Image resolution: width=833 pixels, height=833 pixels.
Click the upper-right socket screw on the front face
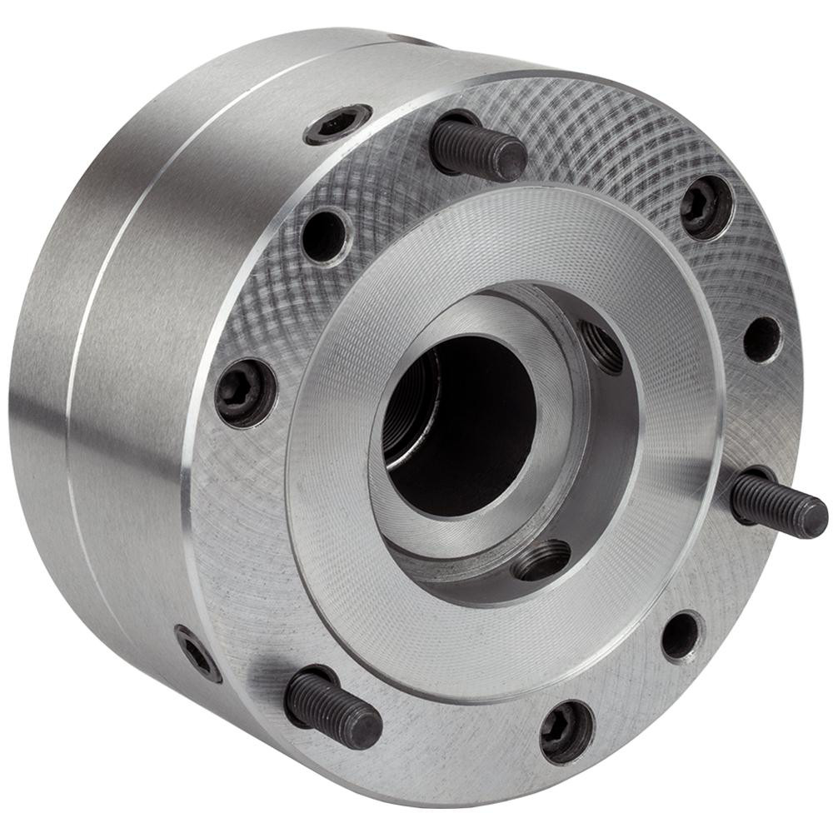(707, 208)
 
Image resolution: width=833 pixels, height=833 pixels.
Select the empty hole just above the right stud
(761, 339)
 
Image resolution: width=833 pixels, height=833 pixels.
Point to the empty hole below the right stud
(682, 636)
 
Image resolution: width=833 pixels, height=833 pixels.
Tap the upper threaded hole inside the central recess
(602, 347)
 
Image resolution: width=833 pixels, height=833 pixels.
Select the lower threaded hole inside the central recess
(541, 560)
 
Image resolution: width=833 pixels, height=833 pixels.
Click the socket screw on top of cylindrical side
(337, 124)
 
